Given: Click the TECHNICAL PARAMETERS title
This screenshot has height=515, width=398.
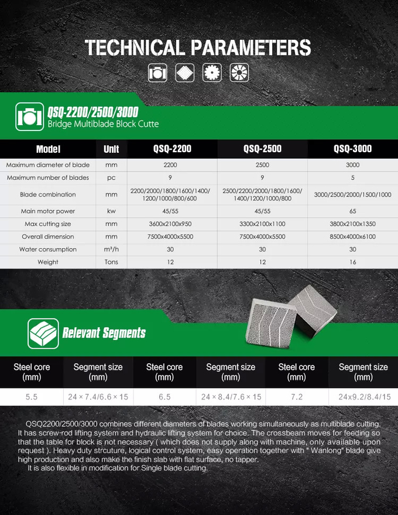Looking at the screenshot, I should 198,47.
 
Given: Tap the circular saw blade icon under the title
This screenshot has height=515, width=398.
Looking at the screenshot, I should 212,73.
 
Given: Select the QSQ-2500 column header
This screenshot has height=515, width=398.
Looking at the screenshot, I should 262,149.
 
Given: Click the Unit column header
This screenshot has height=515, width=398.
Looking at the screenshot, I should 111,149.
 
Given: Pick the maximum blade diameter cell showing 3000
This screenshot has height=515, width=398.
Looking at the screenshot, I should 352,165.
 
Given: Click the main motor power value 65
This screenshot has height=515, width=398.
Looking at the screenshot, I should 352,211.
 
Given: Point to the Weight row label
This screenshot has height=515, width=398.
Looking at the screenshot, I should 48,262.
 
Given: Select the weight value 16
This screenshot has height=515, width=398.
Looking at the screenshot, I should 352,262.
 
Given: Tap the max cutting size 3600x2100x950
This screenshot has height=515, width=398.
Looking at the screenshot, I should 170,224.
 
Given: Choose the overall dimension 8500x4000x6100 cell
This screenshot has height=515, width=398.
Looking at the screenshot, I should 352,237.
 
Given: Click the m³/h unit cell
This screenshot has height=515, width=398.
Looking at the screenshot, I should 111,250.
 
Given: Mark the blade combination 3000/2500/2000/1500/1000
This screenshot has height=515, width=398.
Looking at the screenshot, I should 352,195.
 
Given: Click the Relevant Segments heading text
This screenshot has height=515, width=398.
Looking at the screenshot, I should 104,334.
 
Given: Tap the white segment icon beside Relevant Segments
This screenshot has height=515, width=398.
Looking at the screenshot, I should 43,334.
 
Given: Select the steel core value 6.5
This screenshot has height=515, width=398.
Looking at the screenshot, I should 164,397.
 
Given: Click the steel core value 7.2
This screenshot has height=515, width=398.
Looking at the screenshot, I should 297,397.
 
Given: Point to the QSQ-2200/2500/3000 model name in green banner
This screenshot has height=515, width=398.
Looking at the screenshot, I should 93,111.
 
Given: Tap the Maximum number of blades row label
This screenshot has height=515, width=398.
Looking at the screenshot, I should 48,177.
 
